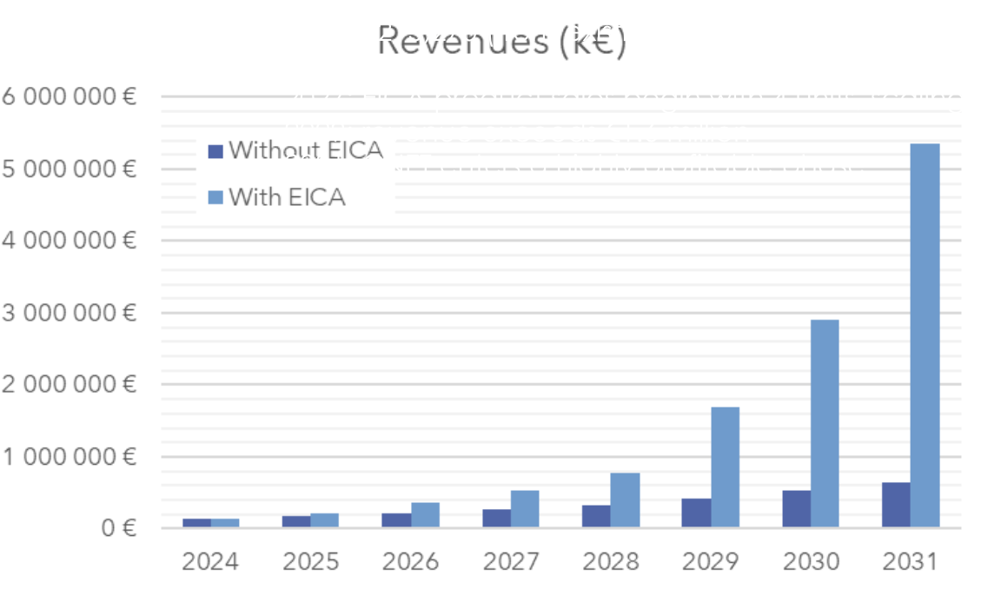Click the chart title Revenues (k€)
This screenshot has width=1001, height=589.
click(x=502, y=41)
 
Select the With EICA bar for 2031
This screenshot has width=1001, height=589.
click(x=925, y=334)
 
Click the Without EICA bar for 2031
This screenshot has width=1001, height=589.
click(x=896, y=505)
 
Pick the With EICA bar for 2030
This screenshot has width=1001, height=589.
click(x=825, y=423)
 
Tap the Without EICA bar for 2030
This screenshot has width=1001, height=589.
click(x=796, y=509)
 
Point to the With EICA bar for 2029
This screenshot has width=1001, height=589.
click(x=725, y=467)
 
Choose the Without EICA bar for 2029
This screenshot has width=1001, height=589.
click(x=696, y=513)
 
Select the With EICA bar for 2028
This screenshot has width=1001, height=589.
click(x=625, y=500)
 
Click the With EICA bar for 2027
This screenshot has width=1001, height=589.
click(x=525, y=508)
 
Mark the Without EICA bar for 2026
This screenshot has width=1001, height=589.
click(x=397, y=520)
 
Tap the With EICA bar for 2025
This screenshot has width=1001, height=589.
click(x=325, y=520)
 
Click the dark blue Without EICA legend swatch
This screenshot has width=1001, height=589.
click(x=216, y=151)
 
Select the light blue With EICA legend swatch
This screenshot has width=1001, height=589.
click(x=216, y=198)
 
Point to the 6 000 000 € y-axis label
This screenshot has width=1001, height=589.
click(x=69, y=96)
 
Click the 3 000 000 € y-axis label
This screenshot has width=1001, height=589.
click(x=69, y=312)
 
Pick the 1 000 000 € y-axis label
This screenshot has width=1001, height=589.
click(x=69, y=456)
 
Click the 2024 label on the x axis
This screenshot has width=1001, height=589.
click(x=210, y=562)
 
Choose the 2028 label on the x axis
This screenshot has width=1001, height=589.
click(x=610, y=562)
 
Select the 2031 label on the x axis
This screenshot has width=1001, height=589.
click(x=911, y=562)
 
